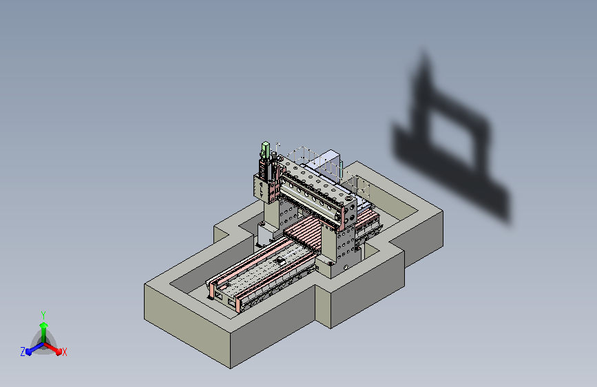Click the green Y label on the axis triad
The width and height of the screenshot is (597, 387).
tap(43, 315)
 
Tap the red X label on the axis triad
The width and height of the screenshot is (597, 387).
tap(64, 352)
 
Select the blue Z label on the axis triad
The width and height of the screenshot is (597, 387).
tap(23, 352)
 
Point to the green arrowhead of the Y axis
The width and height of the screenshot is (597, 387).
tap(43, 325)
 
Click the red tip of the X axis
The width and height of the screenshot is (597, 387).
tap(59, 351)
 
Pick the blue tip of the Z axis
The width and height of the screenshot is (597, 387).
tap(29, 352)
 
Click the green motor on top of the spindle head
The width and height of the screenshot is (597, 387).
tap(265, 149)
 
